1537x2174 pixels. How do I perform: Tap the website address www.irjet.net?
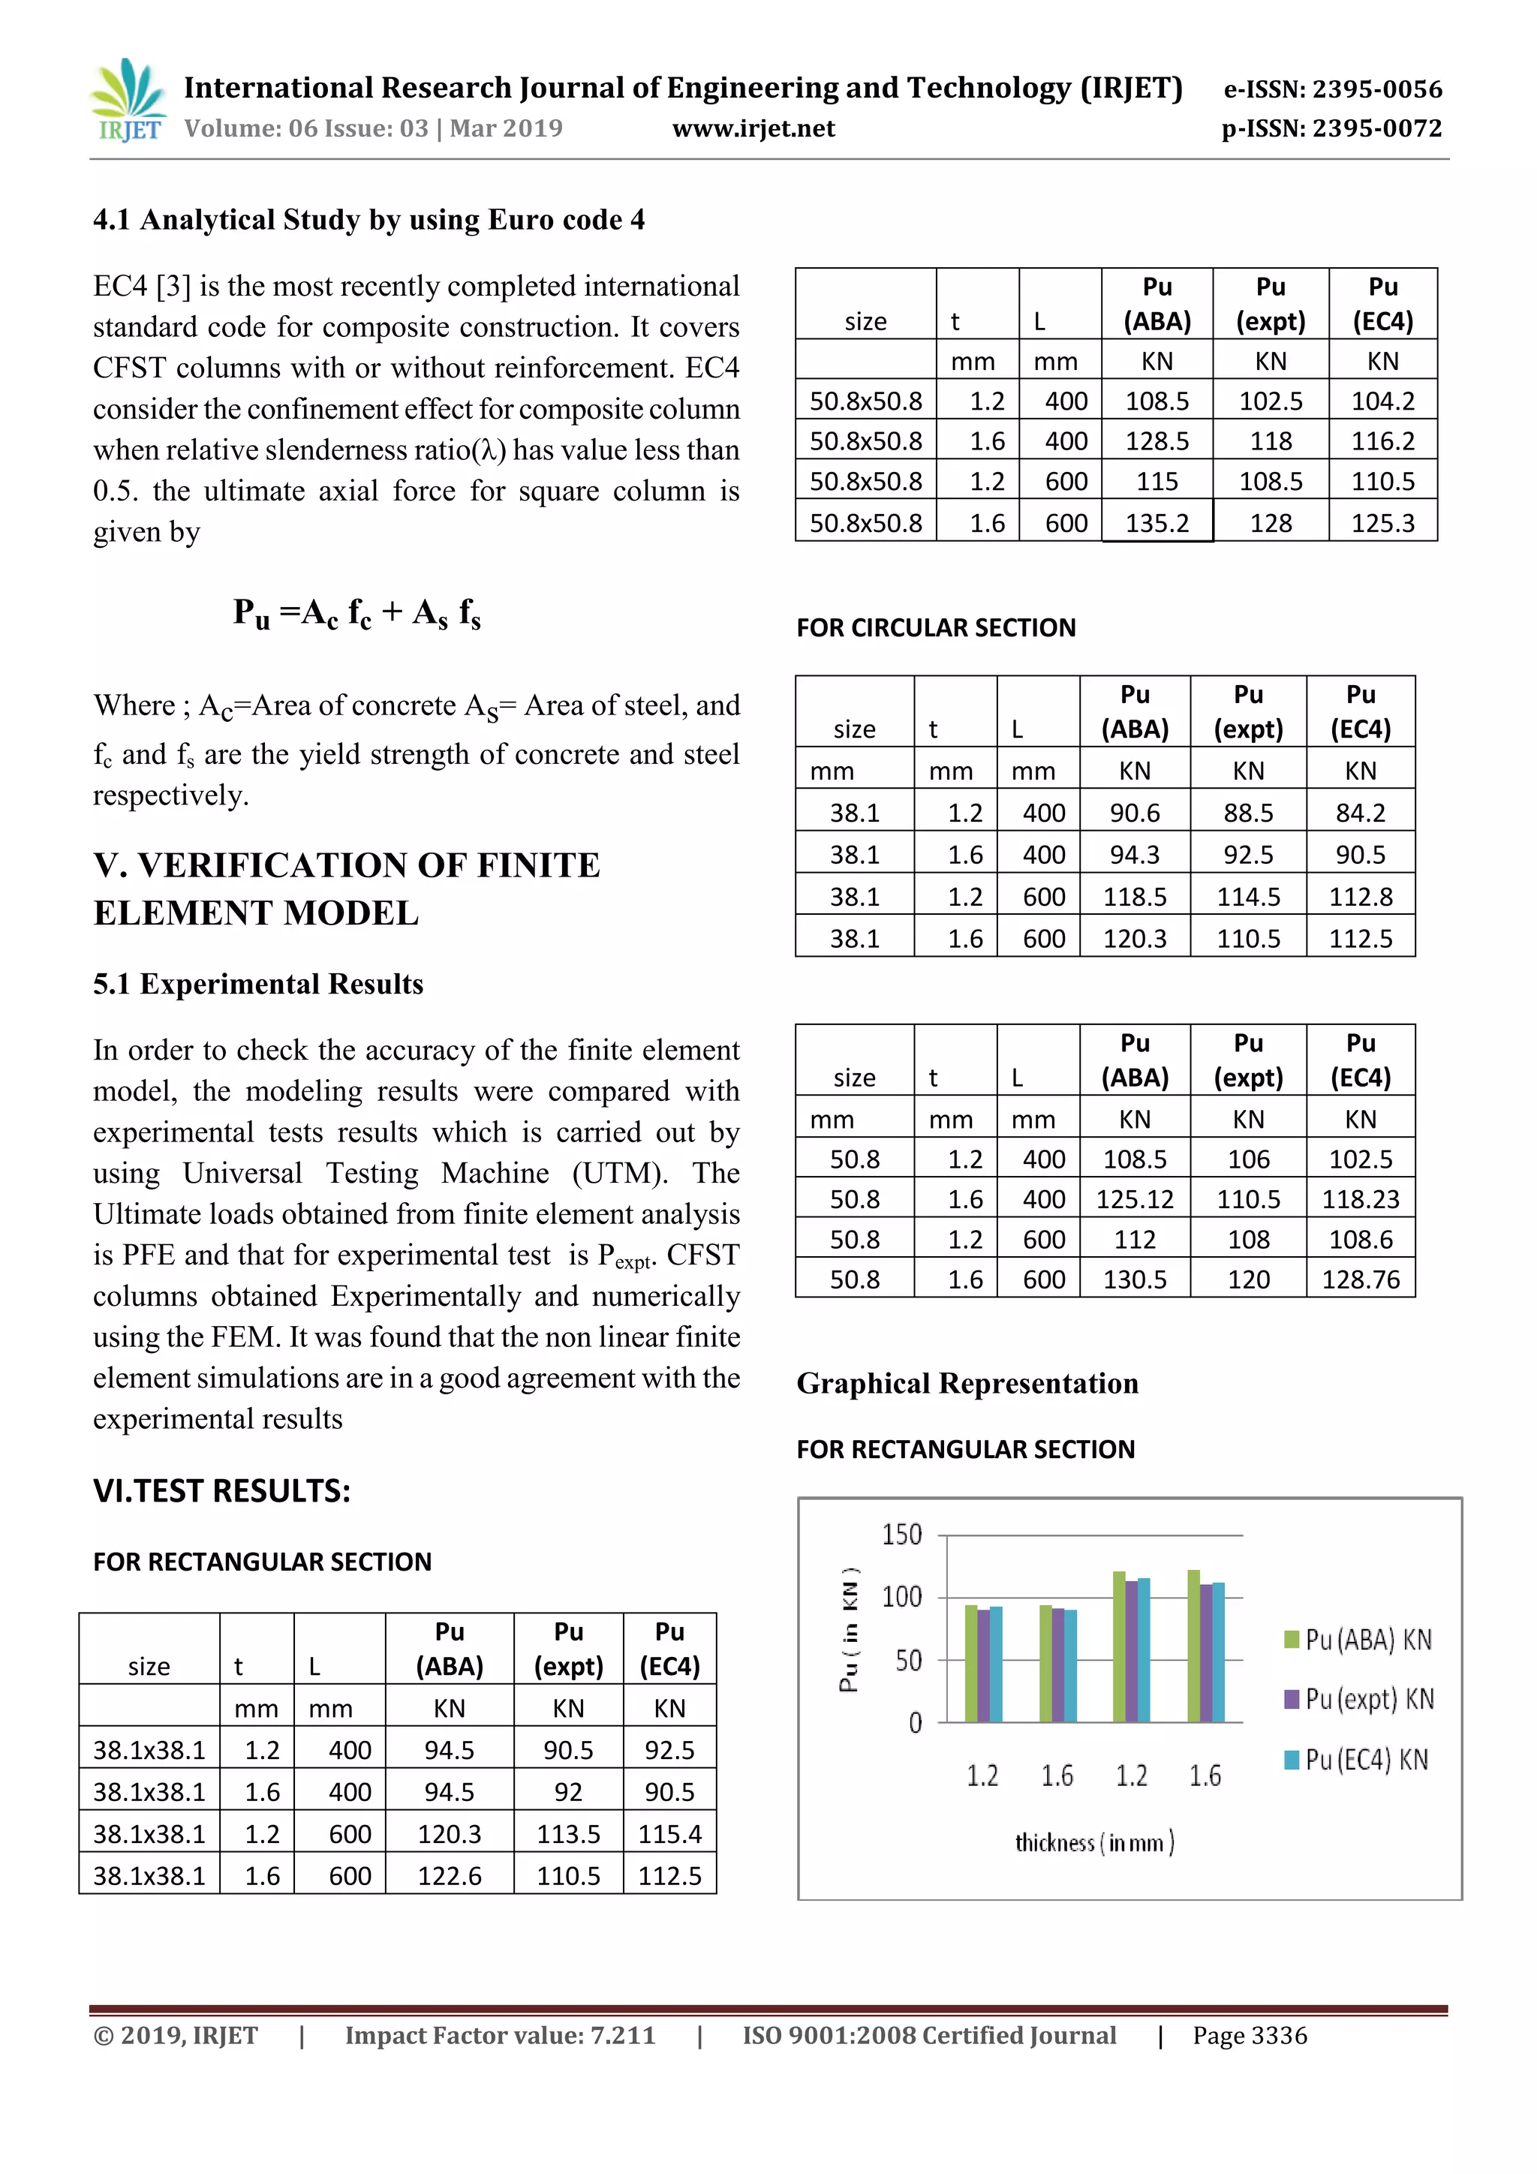point(753,129)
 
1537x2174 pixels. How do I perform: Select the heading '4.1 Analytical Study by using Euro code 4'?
point(368,220)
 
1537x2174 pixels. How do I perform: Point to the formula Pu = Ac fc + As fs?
point(357,614)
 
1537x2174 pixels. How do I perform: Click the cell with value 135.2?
point(1157,522)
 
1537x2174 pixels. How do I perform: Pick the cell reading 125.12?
point(1135,1200)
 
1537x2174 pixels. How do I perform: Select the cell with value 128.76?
point(1360,1280)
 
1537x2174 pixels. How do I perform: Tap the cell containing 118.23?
point(1360,1200)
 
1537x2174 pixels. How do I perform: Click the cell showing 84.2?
point(1360,813)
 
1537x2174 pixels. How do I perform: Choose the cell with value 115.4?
point(669,1834)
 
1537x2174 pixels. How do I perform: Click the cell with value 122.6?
point(449,1876)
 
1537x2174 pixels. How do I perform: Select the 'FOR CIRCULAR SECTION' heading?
point(936,628)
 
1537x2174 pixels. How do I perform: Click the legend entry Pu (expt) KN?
point(1359,1699)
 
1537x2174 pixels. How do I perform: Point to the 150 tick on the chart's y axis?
point(901,1534)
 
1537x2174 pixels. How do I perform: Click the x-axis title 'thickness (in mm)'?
point(1093,1842)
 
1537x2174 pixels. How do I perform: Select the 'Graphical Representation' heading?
point(967,1383)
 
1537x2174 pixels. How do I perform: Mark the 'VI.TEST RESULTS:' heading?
point(221,1491)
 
